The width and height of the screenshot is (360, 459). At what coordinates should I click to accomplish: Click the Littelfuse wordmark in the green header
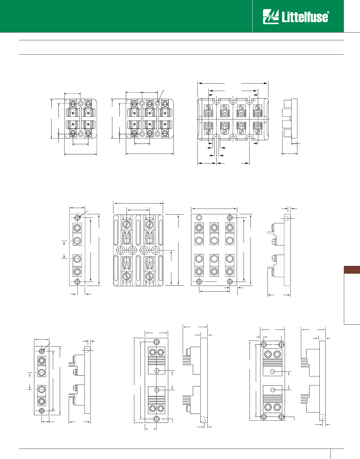point(304,17)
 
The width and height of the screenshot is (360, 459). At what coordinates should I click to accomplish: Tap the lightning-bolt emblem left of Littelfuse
point(270,17)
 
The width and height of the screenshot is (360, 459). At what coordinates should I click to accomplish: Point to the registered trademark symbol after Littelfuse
point(328,13)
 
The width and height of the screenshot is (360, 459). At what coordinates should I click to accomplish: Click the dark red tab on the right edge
point(352,270)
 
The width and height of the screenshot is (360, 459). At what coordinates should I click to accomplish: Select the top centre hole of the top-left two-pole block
point(81,103)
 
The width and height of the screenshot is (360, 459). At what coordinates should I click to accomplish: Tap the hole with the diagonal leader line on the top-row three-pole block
point(158,103)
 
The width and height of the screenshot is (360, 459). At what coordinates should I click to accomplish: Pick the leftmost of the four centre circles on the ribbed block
point(121,250)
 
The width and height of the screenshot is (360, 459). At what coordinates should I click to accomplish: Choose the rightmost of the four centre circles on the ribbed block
point(156,250)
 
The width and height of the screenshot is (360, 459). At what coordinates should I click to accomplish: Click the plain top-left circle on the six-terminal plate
point(199,218)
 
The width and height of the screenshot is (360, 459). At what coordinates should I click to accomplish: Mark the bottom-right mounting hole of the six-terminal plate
point(230,281)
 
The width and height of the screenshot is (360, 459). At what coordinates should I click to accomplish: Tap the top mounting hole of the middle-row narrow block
point(77,217)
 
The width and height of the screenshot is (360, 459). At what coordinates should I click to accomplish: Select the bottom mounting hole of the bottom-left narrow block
point(42,411)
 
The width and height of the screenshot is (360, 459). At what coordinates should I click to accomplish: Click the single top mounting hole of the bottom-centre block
point(157,342)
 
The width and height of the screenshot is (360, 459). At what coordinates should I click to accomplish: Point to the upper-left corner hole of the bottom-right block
point(264,345)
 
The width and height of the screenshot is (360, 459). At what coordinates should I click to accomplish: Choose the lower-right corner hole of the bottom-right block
point(281,417)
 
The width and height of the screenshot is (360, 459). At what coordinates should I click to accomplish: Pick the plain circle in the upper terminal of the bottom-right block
point(272,372)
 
